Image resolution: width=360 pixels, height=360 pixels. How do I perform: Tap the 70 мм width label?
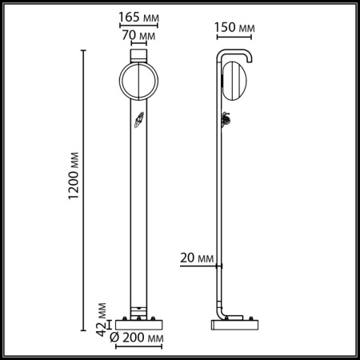140,37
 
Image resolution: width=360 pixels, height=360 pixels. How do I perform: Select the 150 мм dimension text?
235,28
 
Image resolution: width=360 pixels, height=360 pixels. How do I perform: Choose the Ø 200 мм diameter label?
137,340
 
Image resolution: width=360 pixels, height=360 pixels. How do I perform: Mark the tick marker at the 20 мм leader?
222,266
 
